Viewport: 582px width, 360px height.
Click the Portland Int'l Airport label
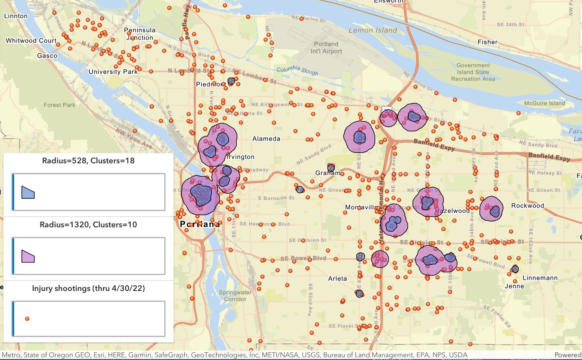coord(326,48)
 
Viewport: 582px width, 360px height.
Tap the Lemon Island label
coord(373,30)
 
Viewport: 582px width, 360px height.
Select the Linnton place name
coord(16,16)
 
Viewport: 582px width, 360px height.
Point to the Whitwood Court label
coord(31,41)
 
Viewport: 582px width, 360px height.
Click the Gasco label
coord(47,56)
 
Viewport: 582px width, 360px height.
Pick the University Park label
coord(113,72)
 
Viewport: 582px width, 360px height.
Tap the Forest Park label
coord(59,105)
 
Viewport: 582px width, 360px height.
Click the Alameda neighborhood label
coord(266,139)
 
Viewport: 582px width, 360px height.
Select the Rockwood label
coord(527,206)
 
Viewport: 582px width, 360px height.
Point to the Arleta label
coord(337,278)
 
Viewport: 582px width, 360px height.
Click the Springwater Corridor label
coord(235,296)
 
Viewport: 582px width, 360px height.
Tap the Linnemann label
coord(540,278)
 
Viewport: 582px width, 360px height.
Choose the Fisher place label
coord(487,42)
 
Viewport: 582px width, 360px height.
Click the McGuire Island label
coord(544,103)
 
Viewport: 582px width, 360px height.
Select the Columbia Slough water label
coord(297,71)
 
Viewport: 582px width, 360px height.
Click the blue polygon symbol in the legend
coord(28,192)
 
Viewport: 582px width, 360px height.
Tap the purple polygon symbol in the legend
coord(28,256)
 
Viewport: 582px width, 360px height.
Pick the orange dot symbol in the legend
coord(27,319)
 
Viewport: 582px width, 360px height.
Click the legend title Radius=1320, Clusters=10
coord(88,225)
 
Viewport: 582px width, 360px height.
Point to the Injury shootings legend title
coord(88,288)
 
